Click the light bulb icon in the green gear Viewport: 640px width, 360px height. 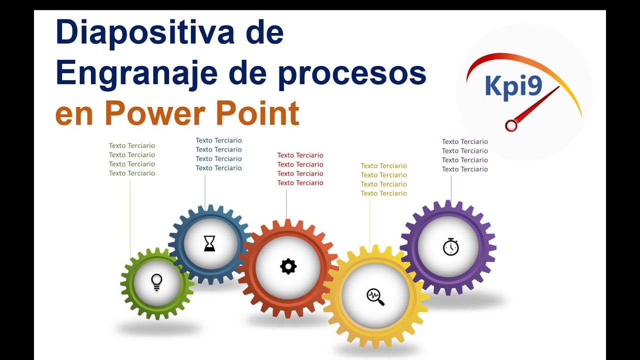157,282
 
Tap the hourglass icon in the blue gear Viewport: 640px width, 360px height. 209,243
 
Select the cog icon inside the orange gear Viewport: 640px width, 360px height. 288,266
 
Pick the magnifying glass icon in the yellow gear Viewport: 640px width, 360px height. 375,296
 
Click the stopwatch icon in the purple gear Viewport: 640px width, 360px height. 450,246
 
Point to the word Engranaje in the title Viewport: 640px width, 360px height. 136,73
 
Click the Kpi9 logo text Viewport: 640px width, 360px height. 513,85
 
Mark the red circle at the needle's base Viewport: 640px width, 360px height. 511,125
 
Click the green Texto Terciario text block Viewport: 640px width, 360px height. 132,159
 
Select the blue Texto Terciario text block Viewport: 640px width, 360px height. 218,154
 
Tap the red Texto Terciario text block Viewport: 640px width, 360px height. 300,169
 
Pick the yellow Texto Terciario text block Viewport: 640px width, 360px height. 383,179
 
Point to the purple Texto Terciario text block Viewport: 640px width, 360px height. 464,155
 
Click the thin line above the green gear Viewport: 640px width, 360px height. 130,215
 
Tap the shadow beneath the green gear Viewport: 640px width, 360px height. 158,328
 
